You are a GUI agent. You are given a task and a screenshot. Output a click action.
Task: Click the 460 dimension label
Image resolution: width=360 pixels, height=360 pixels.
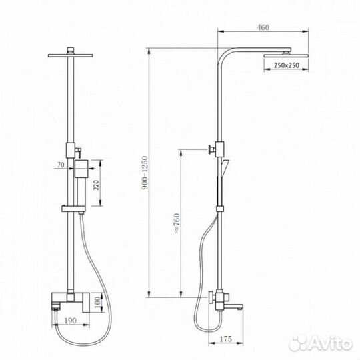[263, 27]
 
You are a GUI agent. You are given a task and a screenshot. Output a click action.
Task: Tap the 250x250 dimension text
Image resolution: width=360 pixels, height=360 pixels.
[286, 65]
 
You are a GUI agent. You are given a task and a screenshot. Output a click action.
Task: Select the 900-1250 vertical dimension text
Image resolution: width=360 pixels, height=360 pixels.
[145, 173]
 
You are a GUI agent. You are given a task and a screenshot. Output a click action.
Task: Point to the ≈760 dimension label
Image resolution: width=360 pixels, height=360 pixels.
[177, 223]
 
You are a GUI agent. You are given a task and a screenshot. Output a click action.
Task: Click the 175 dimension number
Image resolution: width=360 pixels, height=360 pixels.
[226, 339]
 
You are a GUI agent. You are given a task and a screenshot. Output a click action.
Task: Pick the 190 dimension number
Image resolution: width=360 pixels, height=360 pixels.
[70, 321]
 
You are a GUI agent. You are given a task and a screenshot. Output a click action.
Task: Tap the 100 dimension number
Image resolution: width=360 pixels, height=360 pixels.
[97, 303]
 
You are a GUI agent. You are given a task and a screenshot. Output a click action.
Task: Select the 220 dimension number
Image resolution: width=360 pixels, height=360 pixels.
[97, 185]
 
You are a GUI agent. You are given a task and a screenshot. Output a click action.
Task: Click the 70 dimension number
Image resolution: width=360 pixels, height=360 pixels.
[61, 165]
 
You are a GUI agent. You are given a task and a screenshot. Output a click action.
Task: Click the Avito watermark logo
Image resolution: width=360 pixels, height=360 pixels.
[321, 343]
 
